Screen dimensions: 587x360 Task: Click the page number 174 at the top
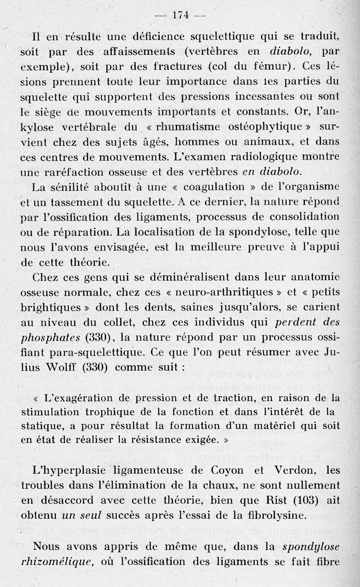[x=180, y=14]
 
